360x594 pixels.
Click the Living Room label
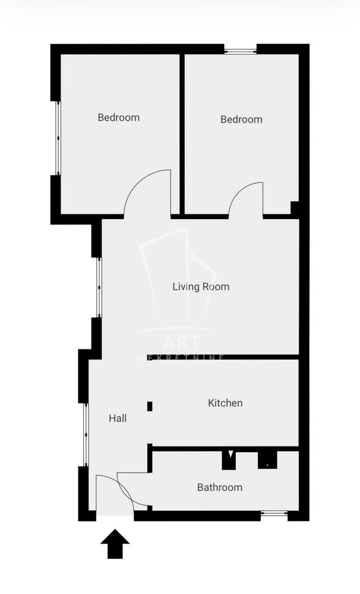tap(201, 286)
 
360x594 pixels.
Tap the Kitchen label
tap(225, 403)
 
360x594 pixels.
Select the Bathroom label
tap(220, 487)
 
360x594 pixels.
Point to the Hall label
tap(118, 418)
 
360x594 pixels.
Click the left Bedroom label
tap(119, 118)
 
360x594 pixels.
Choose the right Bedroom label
tap(241, 119)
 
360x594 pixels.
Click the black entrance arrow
tap(115, 544)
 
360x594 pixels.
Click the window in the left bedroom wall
tap(58, 138)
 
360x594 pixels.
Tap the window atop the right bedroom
tap(241, 50)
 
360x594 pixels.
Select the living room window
tap(99, 287)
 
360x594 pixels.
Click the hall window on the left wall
tap(86, 435)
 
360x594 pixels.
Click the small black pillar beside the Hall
tap(150, 406)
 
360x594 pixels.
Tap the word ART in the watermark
tap(181, 343)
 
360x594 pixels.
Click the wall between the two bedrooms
tap(182, 134)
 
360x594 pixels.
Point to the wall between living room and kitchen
tap(223, 357)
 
